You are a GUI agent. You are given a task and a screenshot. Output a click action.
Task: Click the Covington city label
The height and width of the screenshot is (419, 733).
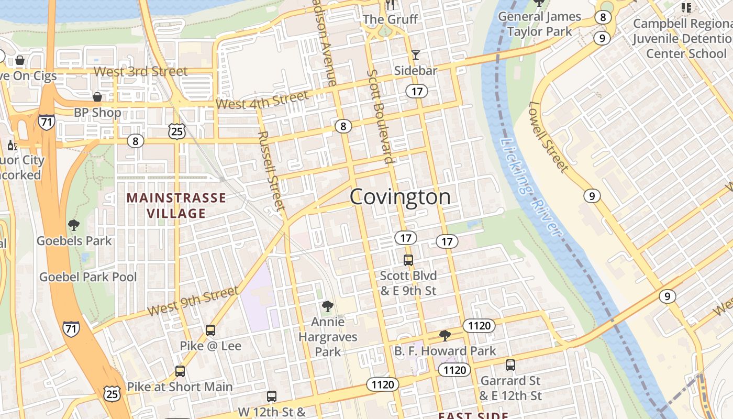400,197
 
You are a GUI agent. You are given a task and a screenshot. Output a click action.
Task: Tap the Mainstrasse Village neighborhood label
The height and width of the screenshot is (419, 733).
176,205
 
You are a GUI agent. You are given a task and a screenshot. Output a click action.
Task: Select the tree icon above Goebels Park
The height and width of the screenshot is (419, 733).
74,225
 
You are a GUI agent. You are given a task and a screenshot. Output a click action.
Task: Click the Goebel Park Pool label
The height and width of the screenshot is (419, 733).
88,277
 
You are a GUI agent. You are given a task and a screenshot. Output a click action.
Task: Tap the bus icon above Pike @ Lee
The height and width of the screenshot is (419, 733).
210,330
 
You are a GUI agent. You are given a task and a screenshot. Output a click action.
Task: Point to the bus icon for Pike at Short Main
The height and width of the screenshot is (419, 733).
180,371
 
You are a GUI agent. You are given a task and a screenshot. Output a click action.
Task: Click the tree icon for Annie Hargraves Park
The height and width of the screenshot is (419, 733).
328,306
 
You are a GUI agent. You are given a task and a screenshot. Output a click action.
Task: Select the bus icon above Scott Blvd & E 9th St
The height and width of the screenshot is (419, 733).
408,260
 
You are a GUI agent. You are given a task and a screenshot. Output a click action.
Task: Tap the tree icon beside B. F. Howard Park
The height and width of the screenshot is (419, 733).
445,335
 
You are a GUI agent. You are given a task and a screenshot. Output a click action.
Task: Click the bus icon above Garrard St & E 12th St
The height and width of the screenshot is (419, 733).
510,365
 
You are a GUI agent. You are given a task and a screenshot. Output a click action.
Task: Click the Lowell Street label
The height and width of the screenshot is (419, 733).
548,137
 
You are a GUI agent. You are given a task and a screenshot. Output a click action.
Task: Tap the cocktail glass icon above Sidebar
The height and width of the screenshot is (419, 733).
416,55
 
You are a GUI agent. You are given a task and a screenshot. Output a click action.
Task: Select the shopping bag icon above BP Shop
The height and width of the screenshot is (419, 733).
97,97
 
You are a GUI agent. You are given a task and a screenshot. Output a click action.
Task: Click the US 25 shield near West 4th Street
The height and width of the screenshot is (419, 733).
177,131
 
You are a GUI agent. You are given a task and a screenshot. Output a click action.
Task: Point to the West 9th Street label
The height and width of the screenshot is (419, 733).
193,302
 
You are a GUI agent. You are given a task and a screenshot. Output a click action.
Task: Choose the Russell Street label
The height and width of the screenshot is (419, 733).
271,171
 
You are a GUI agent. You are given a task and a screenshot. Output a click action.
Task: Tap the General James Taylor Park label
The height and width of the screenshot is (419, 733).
539,24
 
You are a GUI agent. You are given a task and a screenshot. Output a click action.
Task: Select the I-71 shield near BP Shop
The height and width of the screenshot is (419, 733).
46,122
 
